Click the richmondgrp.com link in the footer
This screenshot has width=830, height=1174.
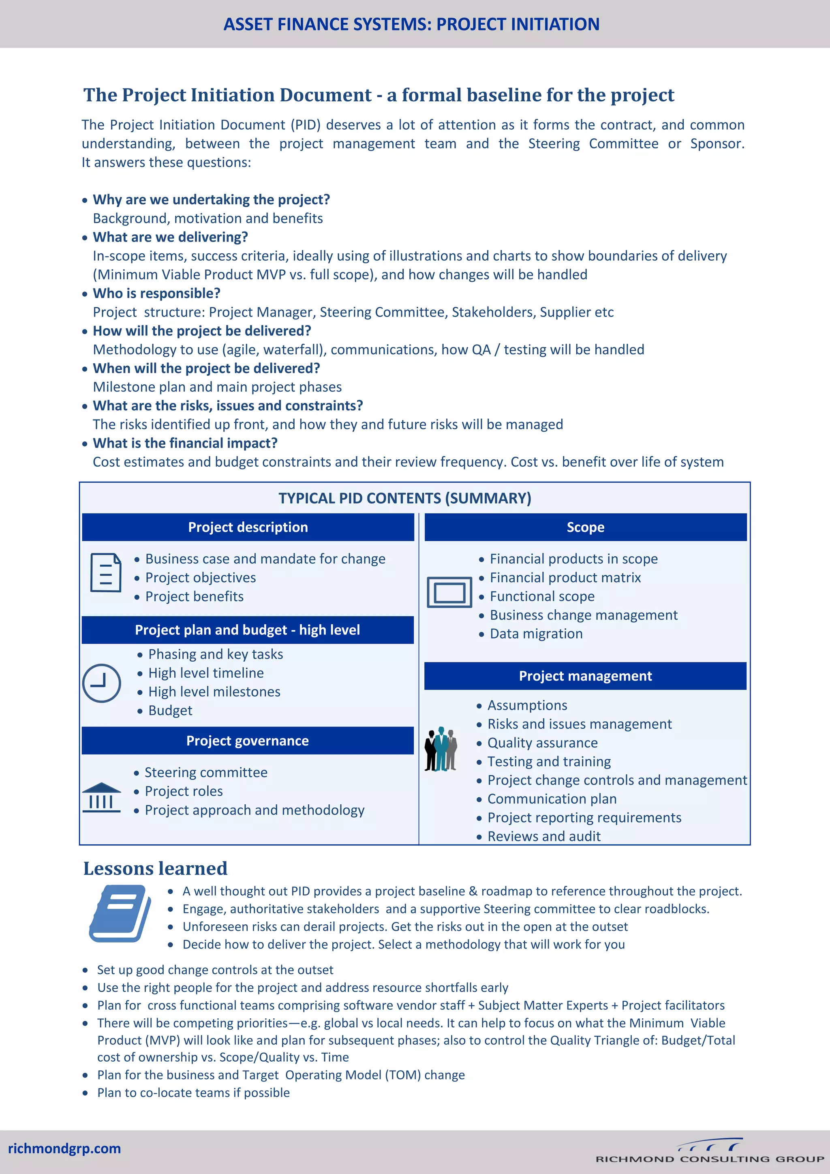click(x=64, y=1148)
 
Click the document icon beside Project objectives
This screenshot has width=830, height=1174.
click(x=106, y=573)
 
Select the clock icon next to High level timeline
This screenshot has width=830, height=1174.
click(x=102, y=683)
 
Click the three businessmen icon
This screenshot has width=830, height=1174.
click(x=441, y=749)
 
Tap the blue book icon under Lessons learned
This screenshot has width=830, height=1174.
click(x=120, y=913)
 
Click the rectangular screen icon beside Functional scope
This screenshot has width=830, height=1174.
click(x=449, y=592)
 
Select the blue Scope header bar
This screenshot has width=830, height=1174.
click(x=585, y=527)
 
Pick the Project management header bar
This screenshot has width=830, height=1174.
click(x=585, y=676)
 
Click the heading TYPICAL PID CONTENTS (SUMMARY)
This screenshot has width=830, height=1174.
click(x=405, y=498)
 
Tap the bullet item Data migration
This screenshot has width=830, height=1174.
click(x=536, y=634)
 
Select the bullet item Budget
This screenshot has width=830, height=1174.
click(x=170, y=710)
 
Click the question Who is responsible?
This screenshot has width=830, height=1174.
click(x=156, y=293)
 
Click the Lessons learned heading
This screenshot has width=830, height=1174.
click(x=155, y=868)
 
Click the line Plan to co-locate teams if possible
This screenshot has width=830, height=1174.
click(x=193, y=1092)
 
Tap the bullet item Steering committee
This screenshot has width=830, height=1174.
click(x=206, y=772)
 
